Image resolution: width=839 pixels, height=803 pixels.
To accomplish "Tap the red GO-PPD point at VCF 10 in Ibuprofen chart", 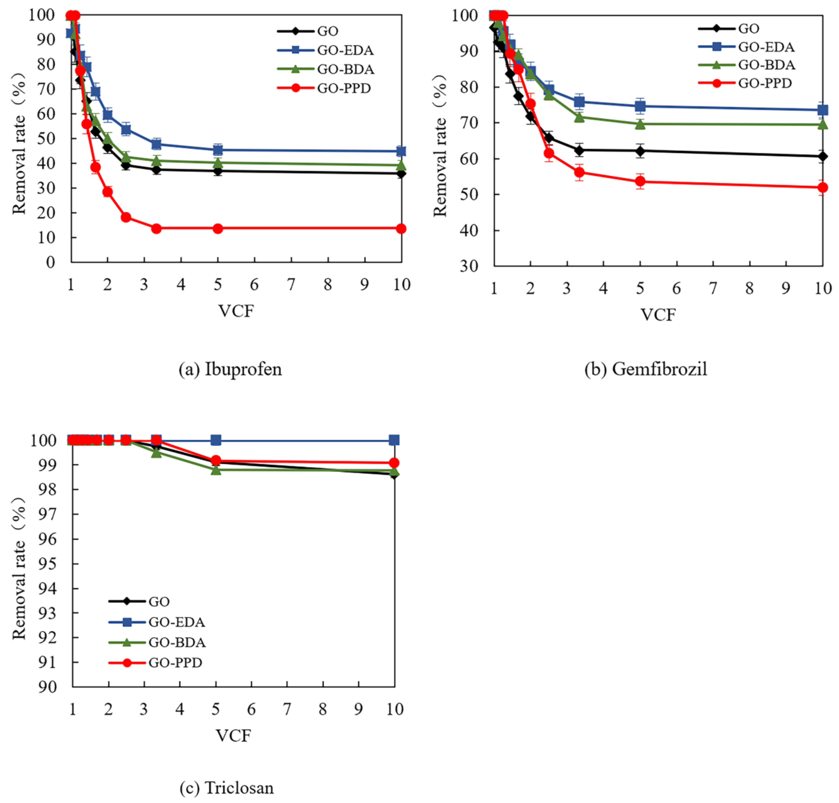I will point(401,229).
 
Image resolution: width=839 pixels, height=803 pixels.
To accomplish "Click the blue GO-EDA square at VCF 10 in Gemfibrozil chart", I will point(822,110).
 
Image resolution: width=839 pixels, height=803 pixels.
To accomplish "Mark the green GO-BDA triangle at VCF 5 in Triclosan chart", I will point(216,470).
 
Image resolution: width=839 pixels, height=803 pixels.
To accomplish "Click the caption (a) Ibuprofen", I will point(230,369).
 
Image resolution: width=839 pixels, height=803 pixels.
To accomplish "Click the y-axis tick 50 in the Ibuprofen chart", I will point(46,138).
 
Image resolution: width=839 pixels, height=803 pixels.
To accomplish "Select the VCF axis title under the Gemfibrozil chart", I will point(658,315).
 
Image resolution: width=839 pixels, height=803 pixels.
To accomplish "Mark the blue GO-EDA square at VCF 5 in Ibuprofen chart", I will point(218,150).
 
